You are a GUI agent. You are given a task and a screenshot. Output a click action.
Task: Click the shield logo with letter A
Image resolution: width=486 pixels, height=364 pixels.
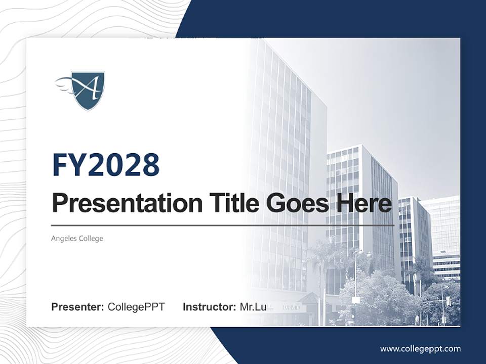coord(87,90)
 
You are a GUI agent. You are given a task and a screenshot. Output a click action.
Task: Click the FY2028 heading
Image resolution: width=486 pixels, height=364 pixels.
coord(106,164)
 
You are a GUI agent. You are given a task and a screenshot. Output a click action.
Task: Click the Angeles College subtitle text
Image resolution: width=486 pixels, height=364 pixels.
coord(77,238)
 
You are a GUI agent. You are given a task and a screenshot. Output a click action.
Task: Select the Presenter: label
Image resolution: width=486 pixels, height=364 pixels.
coord(78,307)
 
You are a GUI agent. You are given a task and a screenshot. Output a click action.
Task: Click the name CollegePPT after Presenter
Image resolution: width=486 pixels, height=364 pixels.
coord(136,307)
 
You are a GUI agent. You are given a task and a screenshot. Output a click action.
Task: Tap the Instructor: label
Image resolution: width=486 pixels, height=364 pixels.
coord(209,307)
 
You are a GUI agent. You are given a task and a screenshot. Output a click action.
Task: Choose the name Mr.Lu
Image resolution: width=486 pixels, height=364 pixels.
coord(253,307)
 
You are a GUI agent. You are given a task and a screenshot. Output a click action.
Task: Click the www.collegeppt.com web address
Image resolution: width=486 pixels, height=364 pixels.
coord(420,348)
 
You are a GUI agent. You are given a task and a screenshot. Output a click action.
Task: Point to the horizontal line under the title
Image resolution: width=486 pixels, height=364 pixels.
coord(223,225)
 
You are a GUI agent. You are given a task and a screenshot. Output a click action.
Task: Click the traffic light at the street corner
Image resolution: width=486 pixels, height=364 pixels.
coord(448,301)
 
